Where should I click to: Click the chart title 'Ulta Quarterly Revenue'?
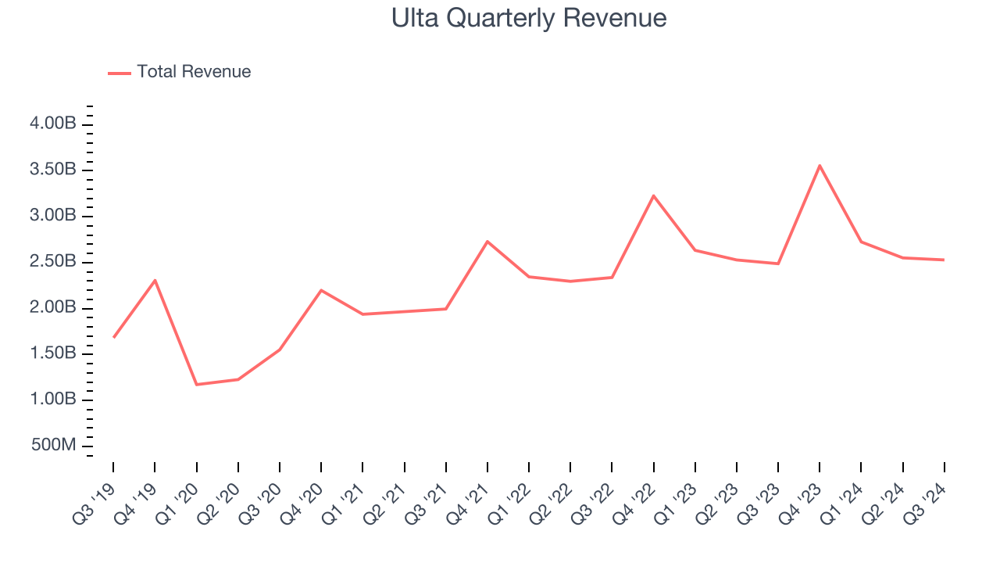[x=529, y=18]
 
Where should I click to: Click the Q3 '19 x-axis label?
[x=95, y=501]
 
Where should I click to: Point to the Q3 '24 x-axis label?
[x=926, y=501]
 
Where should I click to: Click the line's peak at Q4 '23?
[x=820, y=166]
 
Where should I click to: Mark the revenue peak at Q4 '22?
[x=653, y=195]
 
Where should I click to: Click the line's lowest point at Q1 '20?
[x=196, y=384]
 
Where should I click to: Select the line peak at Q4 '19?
[x=155, y=280]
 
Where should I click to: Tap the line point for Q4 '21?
[x=487, y=242]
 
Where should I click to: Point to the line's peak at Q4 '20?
[x=321, y=290]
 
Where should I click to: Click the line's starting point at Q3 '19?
[x=114, y=337]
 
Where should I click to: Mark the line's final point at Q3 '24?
[x=944, y=260]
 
